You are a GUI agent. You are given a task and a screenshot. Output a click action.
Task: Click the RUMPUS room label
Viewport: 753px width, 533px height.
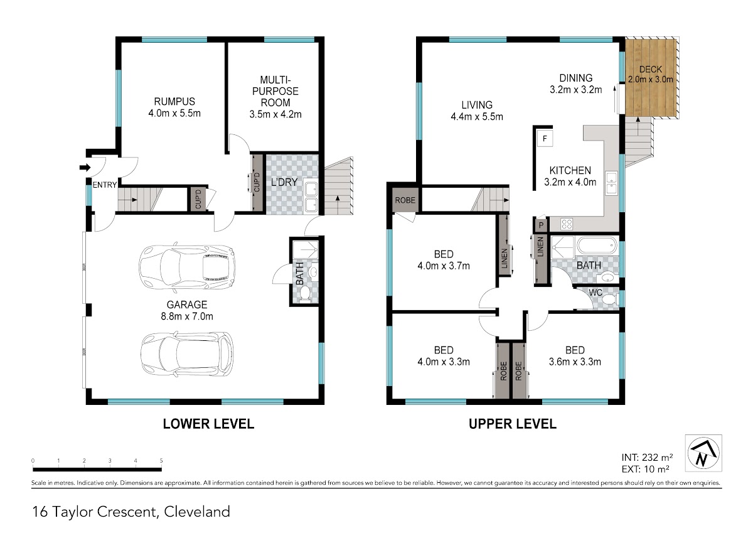click(174, 102)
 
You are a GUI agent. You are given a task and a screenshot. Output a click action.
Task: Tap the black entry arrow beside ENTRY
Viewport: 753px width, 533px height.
click(85, 167)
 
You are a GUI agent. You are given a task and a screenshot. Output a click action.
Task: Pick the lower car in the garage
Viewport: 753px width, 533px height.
click(187, 354)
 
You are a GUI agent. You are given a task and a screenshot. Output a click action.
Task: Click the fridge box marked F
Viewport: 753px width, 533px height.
click(545, 138)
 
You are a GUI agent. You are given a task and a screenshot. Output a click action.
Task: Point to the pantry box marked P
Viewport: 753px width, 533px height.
click(541, 225)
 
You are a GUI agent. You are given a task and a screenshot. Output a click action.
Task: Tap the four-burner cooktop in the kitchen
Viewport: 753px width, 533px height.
click(567, 224)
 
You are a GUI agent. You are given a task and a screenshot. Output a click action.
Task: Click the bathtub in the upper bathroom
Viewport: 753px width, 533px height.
click(597, 246)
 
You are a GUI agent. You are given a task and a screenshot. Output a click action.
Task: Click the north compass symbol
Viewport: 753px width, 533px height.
click(703, 453)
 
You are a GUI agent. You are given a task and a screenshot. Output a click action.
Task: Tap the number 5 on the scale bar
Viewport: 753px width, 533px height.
click(161, 461)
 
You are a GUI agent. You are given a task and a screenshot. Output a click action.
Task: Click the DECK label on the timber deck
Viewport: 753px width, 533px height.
click(651, 69)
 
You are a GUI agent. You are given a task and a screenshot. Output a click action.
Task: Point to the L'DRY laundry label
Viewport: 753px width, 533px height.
click(284, 182)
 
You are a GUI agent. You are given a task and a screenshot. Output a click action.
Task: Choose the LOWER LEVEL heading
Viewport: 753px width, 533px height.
click(208, 424)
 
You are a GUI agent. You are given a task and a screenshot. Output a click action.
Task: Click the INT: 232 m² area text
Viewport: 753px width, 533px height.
click(647, 457)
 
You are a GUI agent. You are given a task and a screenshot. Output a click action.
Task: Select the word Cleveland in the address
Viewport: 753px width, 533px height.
click(197, 512)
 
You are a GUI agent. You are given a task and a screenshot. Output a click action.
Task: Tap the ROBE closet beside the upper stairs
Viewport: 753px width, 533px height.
click(405, 200)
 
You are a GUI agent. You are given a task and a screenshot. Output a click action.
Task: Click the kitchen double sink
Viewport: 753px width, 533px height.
click(611, 183)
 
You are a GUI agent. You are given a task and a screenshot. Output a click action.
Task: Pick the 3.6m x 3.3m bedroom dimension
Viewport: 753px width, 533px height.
click(575, 362)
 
